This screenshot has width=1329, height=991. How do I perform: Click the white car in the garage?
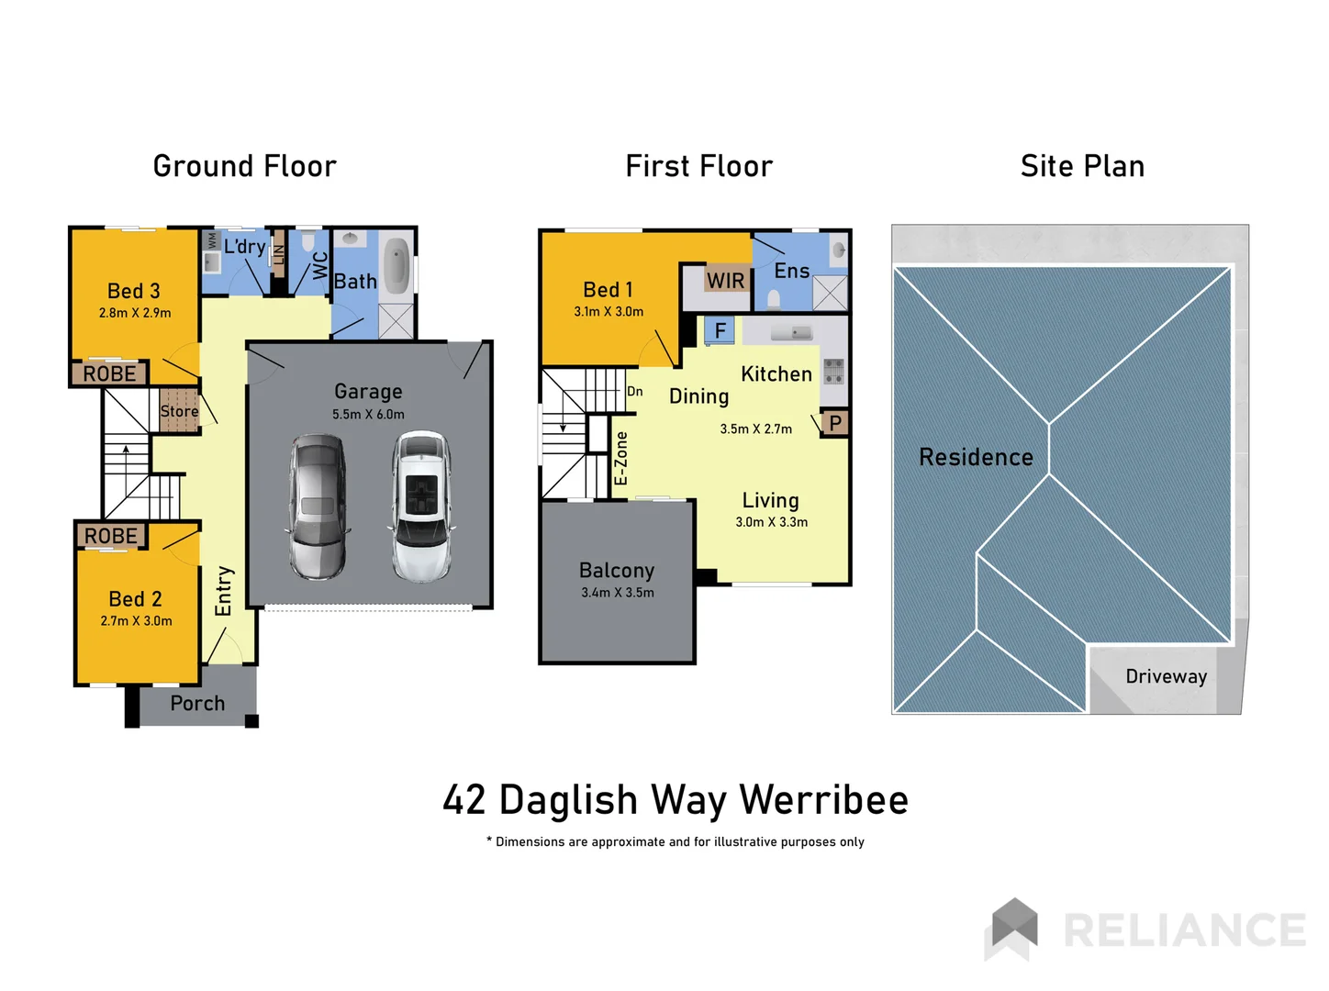tap(422, 507)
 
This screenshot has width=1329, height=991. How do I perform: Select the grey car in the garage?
tap(318, 507)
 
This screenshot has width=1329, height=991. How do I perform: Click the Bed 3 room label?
tap(134, 291)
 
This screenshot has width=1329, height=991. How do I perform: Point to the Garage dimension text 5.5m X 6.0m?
tap(368, 414)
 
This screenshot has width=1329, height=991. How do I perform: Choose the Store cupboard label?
tap(179, 411)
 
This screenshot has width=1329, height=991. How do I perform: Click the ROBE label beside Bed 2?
tap(110, 536)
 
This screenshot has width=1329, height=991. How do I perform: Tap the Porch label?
tap(197, 704)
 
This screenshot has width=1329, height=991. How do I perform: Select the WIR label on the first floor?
tap(725, 281)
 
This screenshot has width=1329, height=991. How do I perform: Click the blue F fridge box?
tap(720, 330)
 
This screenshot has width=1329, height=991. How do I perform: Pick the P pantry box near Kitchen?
tap(835, 423)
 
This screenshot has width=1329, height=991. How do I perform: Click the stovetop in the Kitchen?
tap(833, 371)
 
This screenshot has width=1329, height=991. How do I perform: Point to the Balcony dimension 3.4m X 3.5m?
tap(618, 593)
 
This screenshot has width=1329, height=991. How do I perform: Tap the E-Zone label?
tap(621, 458)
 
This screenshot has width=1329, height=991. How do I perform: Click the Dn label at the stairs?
tap(634, 392)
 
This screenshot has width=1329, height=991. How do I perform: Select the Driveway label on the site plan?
tap(1166, 677)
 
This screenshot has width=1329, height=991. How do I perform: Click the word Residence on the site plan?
tap(976, 457)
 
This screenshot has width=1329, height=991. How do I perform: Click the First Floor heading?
tap(698, 166)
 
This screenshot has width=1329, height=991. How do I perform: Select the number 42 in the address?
tap(464, 800)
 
